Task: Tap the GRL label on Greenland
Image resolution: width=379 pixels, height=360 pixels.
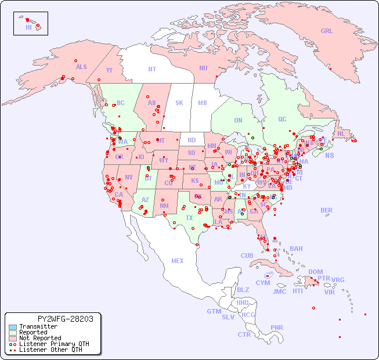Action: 327,31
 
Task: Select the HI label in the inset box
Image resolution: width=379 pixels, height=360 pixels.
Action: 28,27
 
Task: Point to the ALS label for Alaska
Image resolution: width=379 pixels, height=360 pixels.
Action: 81,67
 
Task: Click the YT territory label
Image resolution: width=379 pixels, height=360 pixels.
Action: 109,70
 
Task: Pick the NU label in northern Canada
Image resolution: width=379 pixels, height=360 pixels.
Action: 203,68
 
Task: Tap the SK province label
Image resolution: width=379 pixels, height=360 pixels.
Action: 179,103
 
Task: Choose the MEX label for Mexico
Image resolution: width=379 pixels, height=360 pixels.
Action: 178,261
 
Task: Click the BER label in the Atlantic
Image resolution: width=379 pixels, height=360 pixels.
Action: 327,210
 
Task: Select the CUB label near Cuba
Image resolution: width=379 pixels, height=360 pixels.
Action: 247,255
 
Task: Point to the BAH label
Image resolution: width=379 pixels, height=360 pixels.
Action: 296,249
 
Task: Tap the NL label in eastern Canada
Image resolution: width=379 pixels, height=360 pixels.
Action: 341,134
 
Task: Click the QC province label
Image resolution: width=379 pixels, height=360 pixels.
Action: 282,119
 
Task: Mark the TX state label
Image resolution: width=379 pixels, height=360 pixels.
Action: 189,218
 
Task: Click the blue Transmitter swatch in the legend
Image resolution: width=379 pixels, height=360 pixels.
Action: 12,327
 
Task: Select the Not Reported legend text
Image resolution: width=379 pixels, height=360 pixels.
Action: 40,338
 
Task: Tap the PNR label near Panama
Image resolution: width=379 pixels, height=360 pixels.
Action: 277,327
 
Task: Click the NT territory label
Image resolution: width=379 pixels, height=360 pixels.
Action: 152,69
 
